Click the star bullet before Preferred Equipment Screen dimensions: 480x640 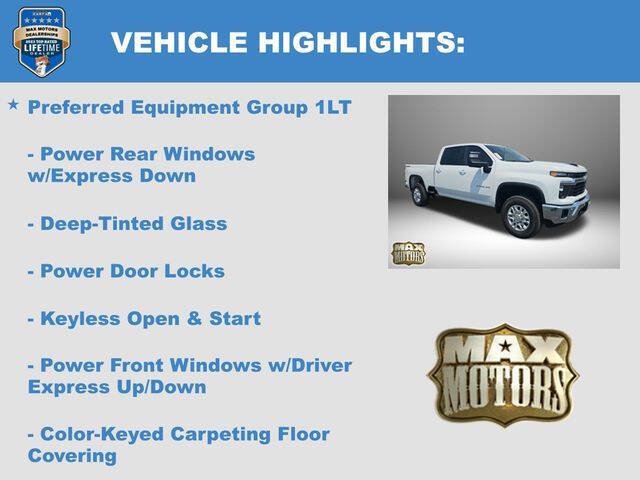point(13,104)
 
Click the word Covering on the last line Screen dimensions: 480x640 point(72,456)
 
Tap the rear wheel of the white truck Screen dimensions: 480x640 point(419,193)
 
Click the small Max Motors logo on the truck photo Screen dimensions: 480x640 point(408,253)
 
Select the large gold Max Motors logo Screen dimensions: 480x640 point(502,374)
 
